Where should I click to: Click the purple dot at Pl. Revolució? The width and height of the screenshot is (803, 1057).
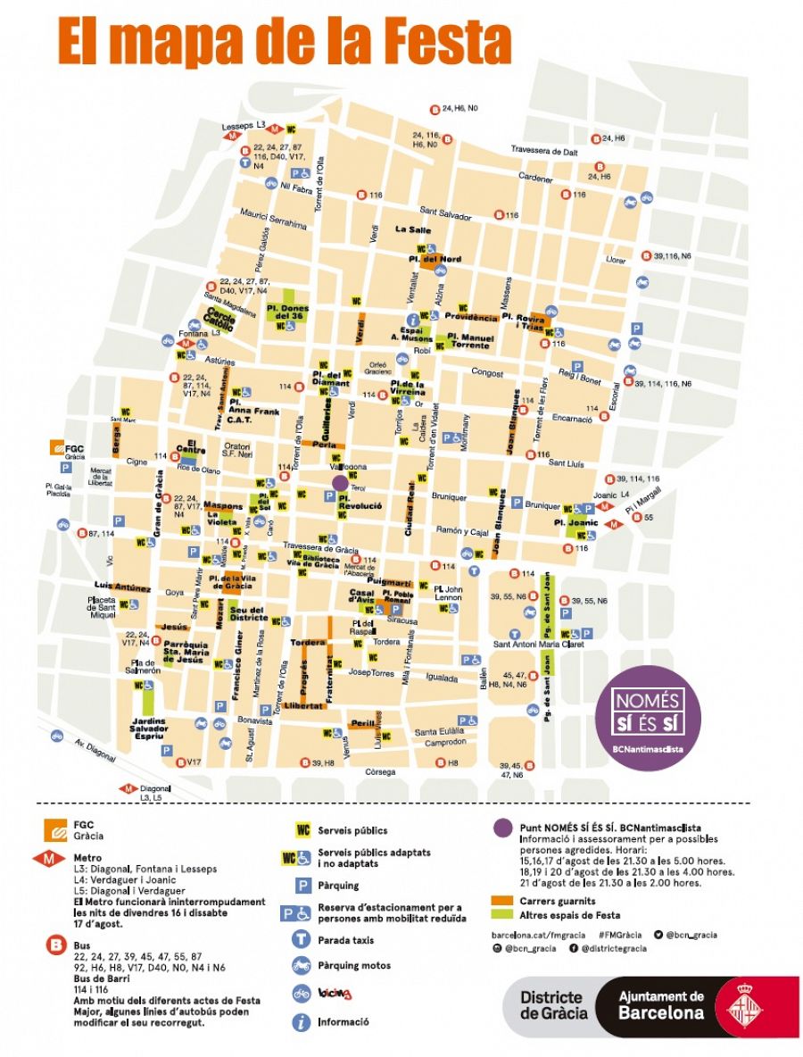[340, 483]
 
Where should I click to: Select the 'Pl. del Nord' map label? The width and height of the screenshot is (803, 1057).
[435, 260]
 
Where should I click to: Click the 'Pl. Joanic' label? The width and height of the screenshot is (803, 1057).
[575, 521]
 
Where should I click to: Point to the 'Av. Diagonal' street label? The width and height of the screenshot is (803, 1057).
[94, 752]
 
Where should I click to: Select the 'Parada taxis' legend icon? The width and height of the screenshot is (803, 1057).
[302, 939]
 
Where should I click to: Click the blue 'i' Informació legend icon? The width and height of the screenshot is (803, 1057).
[302, 1021]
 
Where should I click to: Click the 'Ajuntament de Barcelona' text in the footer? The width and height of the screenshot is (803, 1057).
[661, 1005]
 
